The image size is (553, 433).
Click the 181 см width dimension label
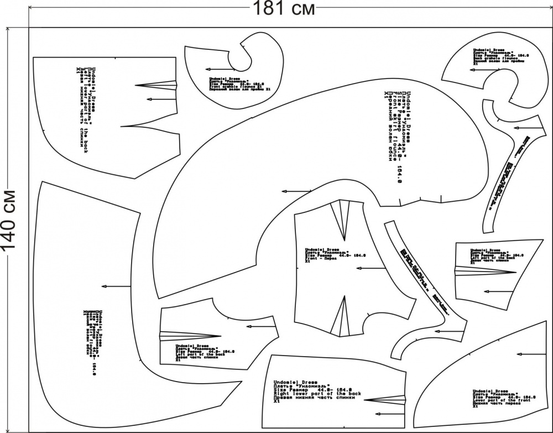pos(284,9)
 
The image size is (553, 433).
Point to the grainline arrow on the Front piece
pos(371,269)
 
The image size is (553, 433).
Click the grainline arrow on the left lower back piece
pos(160,99)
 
